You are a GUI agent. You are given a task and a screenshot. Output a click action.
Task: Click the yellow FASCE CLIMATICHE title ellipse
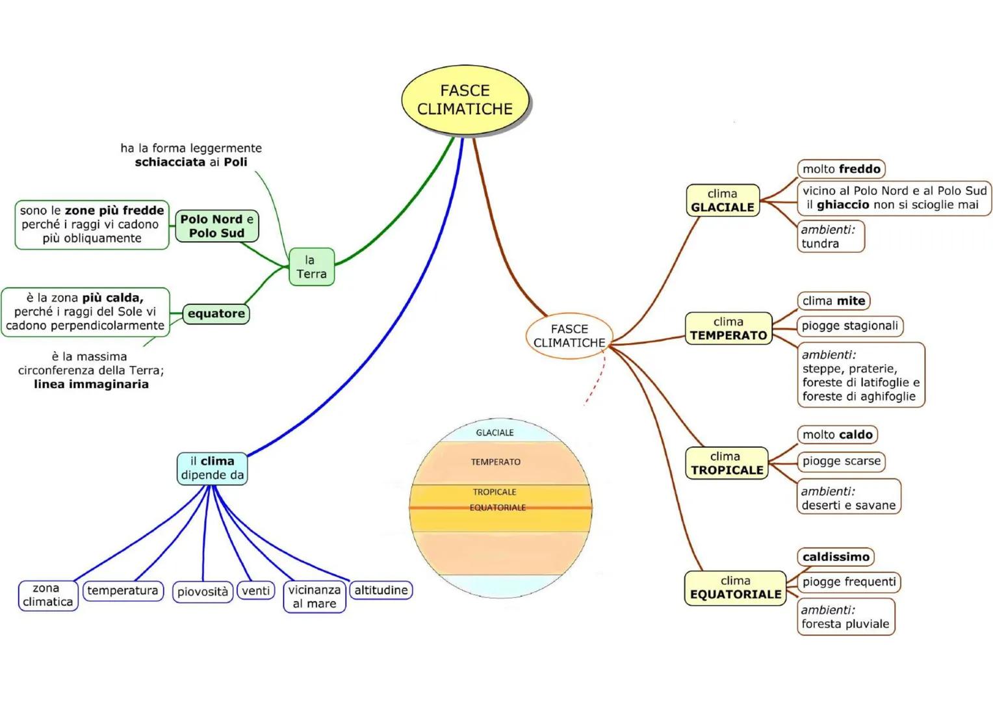[x=465, y=100]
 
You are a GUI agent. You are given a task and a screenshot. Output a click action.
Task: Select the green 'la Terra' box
[x=311, y=266]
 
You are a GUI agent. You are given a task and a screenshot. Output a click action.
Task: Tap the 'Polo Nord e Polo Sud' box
[x=217, y=226]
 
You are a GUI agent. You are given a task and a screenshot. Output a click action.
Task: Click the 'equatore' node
[x=216, y=313]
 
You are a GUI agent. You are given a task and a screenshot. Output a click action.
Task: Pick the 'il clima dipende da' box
[x=213, y=468]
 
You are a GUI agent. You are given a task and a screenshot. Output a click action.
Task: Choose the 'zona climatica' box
[x=48, y=595]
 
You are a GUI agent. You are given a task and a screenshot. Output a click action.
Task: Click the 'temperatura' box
[x=123, y=590]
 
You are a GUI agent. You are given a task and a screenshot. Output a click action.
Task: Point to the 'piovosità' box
[x=203, y=591]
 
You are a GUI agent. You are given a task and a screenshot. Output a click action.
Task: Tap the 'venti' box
[x=255, y=590]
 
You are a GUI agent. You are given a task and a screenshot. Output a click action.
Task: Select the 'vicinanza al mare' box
[x=315, y=597]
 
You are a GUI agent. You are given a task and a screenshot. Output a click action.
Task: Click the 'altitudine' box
[x=381, y=590]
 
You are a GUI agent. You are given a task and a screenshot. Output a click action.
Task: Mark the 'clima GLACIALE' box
[x=723, y=200]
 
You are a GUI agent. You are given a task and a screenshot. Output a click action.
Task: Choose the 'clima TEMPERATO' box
[x=729, y=328]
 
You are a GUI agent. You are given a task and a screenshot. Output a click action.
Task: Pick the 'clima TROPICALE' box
[x=727, y=463]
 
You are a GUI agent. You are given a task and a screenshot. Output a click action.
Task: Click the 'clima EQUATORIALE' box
[x=735, y=588]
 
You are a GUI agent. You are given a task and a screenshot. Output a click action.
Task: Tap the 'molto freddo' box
[x=841, y=169]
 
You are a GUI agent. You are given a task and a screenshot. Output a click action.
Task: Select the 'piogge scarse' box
[x=841, y=461]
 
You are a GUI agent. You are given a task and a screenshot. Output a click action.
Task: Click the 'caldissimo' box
[x=836, y=556]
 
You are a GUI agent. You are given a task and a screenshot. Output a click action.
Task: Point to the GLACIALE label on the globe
[x=495, y=432]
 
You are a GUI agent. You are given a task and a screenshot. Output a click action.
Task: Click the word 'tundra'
[x=820, y=244]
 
